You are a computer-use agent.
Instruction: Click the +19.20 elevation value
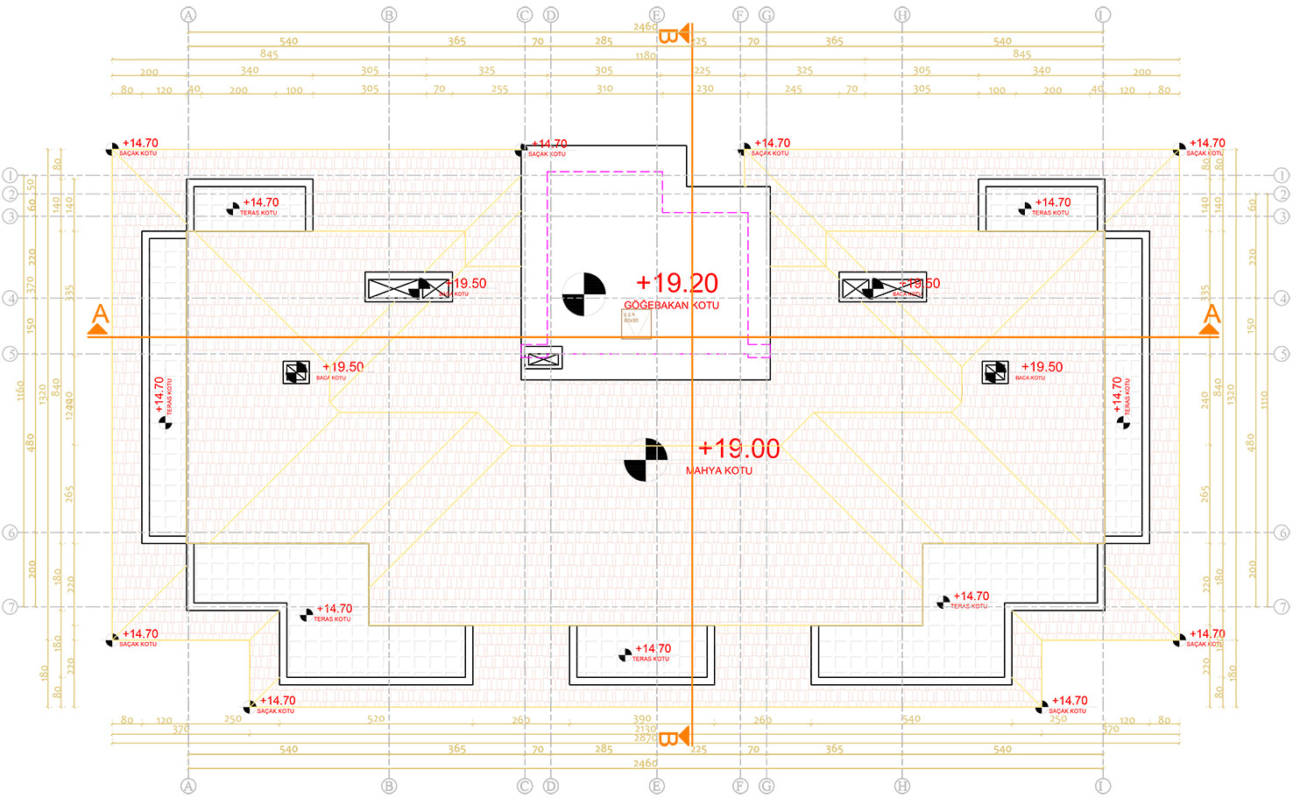pyautogui.click(x=677, y=283)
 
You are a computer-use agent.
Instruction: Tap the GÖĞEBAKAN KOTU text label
pyautogui.click(x=671, y=305)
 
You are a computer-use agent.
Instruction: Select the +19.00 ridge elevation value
pyautogui.click(x=738, y=448)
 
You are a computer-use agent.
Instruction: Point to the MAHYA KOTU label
pyautogui.click(x=718, y=470)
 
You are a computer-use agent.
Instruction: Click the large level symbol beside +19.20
pyautogui.click(x=583, y=293)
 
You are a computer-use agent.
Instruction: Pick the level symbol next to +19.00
pyautogui.click(x=646, y=460)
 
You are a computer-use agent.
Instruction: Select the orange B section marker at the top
pyautogui.click(x=668, y=36)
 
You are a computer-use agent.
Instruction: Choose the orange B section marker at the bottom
pyautogui.click(x=668, y=738)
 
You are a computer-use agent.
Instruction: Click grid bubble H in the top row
pyautogui.click(x=902, y=15)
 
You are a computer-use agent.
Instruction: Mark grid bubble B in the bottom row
pyautogui.click(x=389, y=786)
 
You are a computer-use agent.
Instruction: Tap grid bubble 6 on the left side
pyautogui.click(x=11, y=533)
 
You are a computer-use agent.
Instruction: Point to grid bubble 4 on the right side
pyautogui.click(x=1282, y=298)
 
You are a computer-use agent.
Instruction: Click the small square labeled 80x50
pyautogui.click(x=636, y=324)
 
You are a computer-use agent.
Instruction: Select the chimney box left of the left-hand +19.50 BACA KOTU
pyautogui.click(x=296, y=372)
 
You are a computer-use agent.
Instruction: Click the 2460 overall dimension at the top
pyautogui.click(x=645, y=27)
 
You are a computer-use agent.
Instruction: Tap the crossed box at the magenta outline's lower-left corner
pyautogui.click(x=543, y=358)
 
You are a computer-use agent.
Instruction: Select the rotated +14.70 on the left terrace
pyautogui.click(x=159, y=395)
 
